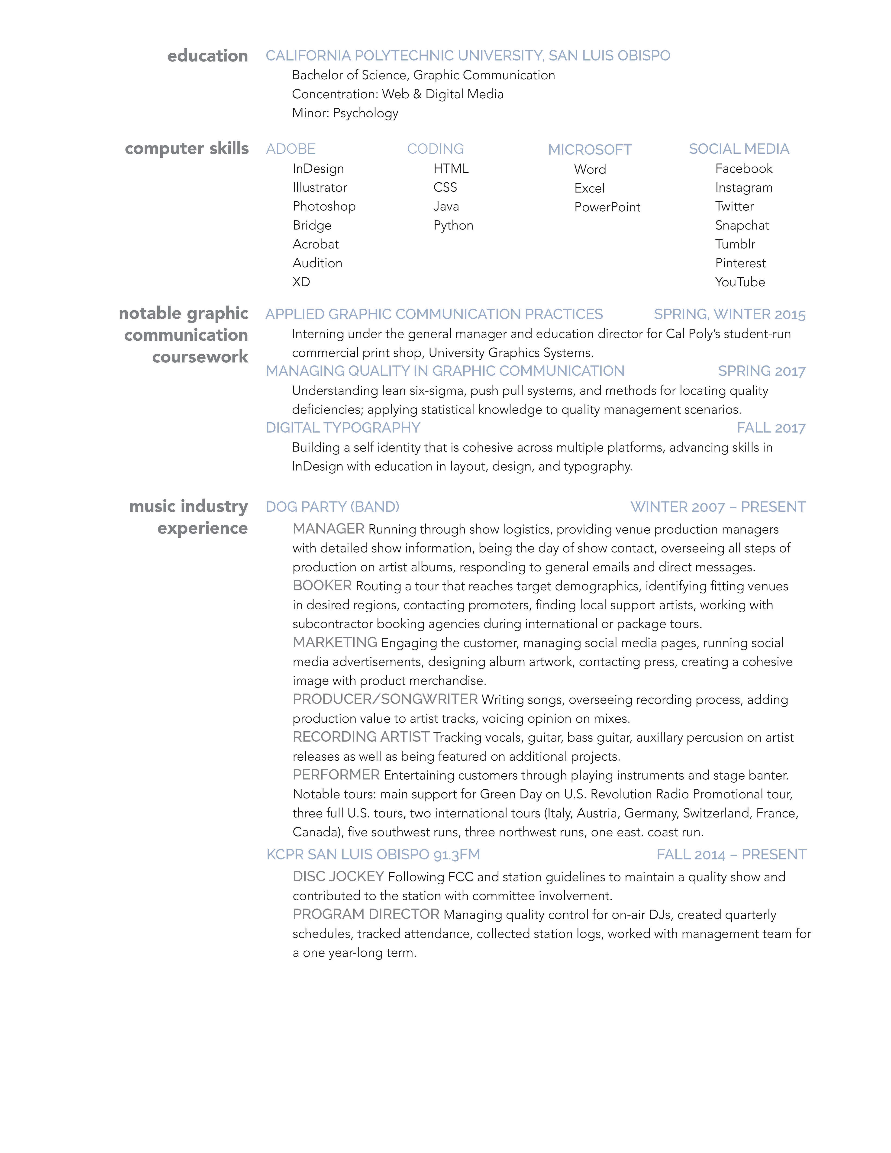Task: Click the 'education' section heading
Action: [207, 56]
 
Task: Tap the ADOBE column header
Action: [291, 149]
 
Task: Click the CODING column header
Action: [436, 149]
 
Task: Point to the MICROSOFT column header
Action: [590, 150]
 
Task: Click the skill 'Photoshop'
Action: [324, 207]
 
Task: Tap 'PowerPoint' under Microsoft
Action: [607, 207]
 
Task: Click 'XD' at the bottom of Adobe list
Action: [301, 282]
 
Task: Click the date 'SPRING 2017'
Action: [762, 371]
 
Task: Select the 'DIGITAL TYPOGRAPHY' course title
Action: [343, 428]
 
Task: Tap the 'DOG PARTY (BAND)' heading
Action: [333, 507]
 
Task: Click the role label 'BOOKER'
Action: [322, 585]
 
